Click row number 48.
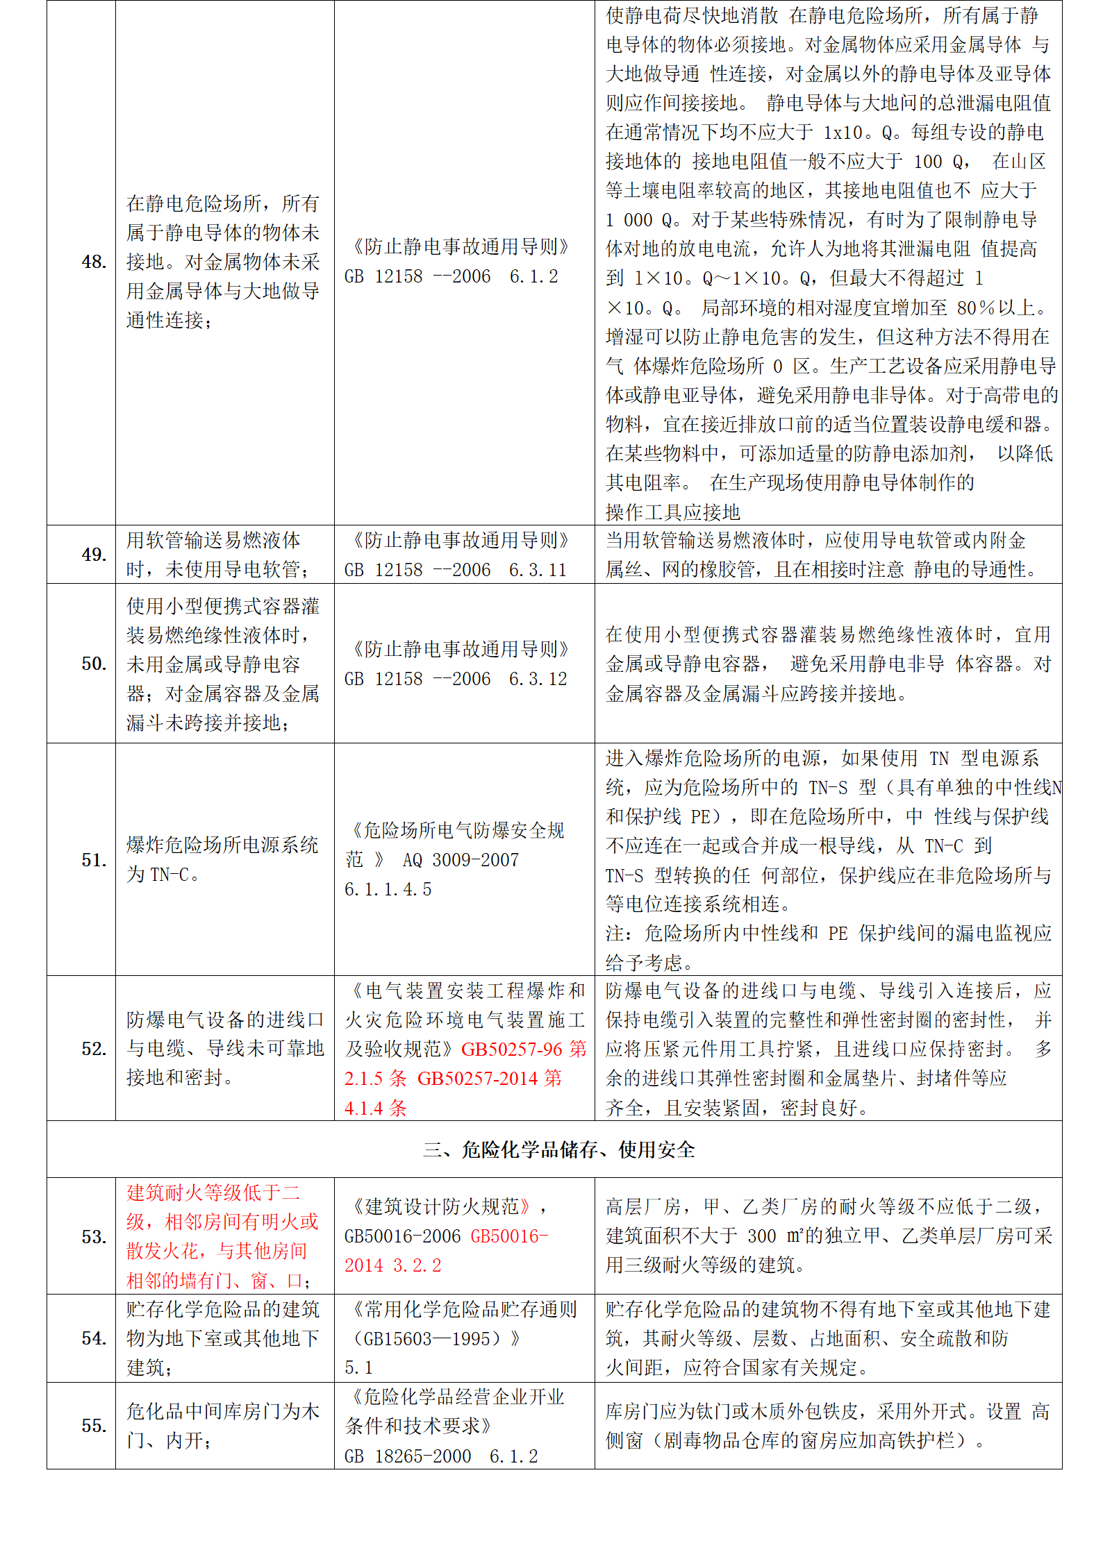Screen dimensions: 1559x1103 94,262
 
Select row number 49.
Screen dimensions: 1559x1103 94,555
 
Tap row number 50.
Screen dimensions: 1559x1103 94,664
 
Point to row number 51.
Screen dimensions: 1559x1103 94,860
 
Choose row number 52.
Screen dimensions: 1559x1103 94,1049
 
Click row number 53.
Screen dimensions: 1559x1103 94,1237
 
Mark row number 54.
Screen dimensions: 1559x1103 94,1338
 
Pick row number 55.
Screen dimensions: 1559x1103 94,1426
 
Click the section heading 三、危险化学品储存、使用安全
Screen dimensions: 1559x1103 558,1150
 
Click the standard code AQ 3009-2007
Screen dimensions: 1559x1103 461,860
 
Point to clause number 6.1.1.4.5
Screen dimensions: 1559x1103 388,889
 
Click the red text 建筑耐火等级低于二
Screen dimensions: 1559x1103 213,1193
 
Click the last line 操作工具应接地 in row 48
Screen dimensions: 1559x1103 672,512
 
